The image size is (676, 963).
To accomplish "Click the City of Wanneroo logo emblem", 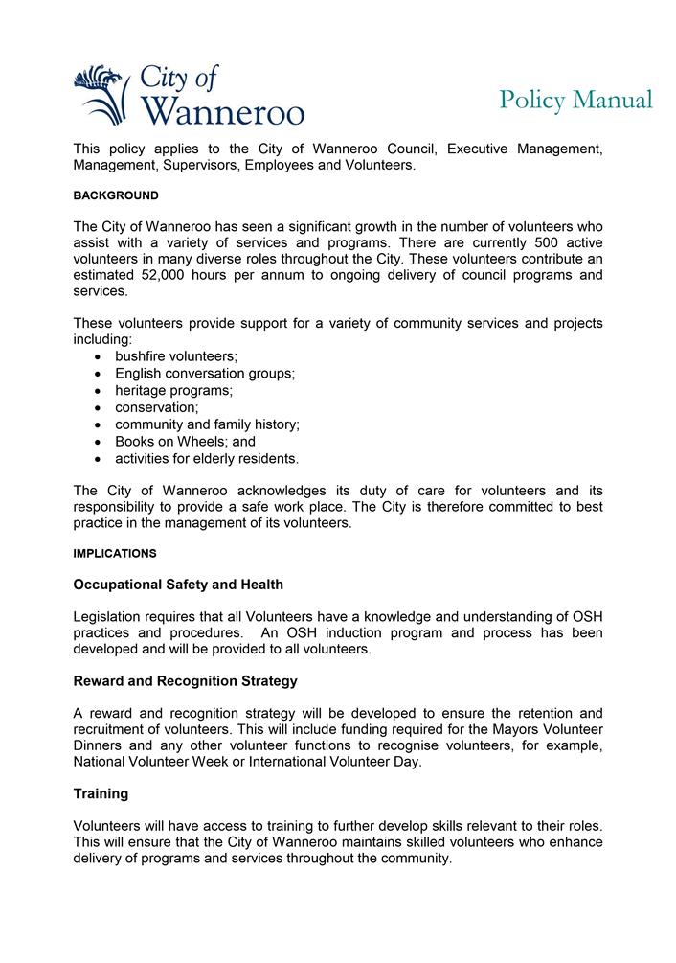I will pyautogui.click(x=101, y=95).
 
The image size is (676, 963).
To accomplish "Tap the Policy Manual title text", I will pyautogui.click(x=575, y=101).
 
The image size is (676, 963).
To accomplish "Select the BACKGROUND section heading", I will pyautogui.click(x=116, y=195).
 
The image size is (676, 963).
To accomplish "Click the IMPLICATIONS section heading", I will pyautogui.click(x=115, y=554).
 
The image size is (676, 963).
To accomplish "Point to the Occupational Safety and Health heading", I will pyautogui.click(x=178, y=585).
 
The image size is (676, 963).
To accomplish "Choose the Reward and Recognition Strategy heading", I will pyautogui.click(x=185, y=681).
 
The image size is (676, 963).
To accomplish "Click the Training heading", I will pyautogui.click(x=101, y=794).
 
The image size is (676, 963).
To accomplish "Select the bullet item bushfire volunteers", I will pyautogui.click(x=176, y=356).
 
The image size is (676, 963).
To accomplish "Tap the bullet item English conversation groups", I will pyautogui.click(x=205, y=374).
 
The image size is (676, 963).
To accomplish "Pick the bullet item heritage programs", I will pyautogui.click(x=173, y=391).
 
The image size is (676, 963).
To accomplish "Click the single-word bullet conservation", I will pyautogui.click(x=157, y=407).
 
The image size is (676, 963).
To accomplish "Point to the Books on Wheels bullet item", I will pyautogui.click(x=185, y=442).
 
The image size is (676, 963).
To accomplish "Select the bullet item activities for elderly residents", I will pyautogui.click(x=207, y=459).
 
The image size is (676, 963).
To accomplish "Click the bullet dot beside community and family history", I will pyautogui.click(x=100, y=424).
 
